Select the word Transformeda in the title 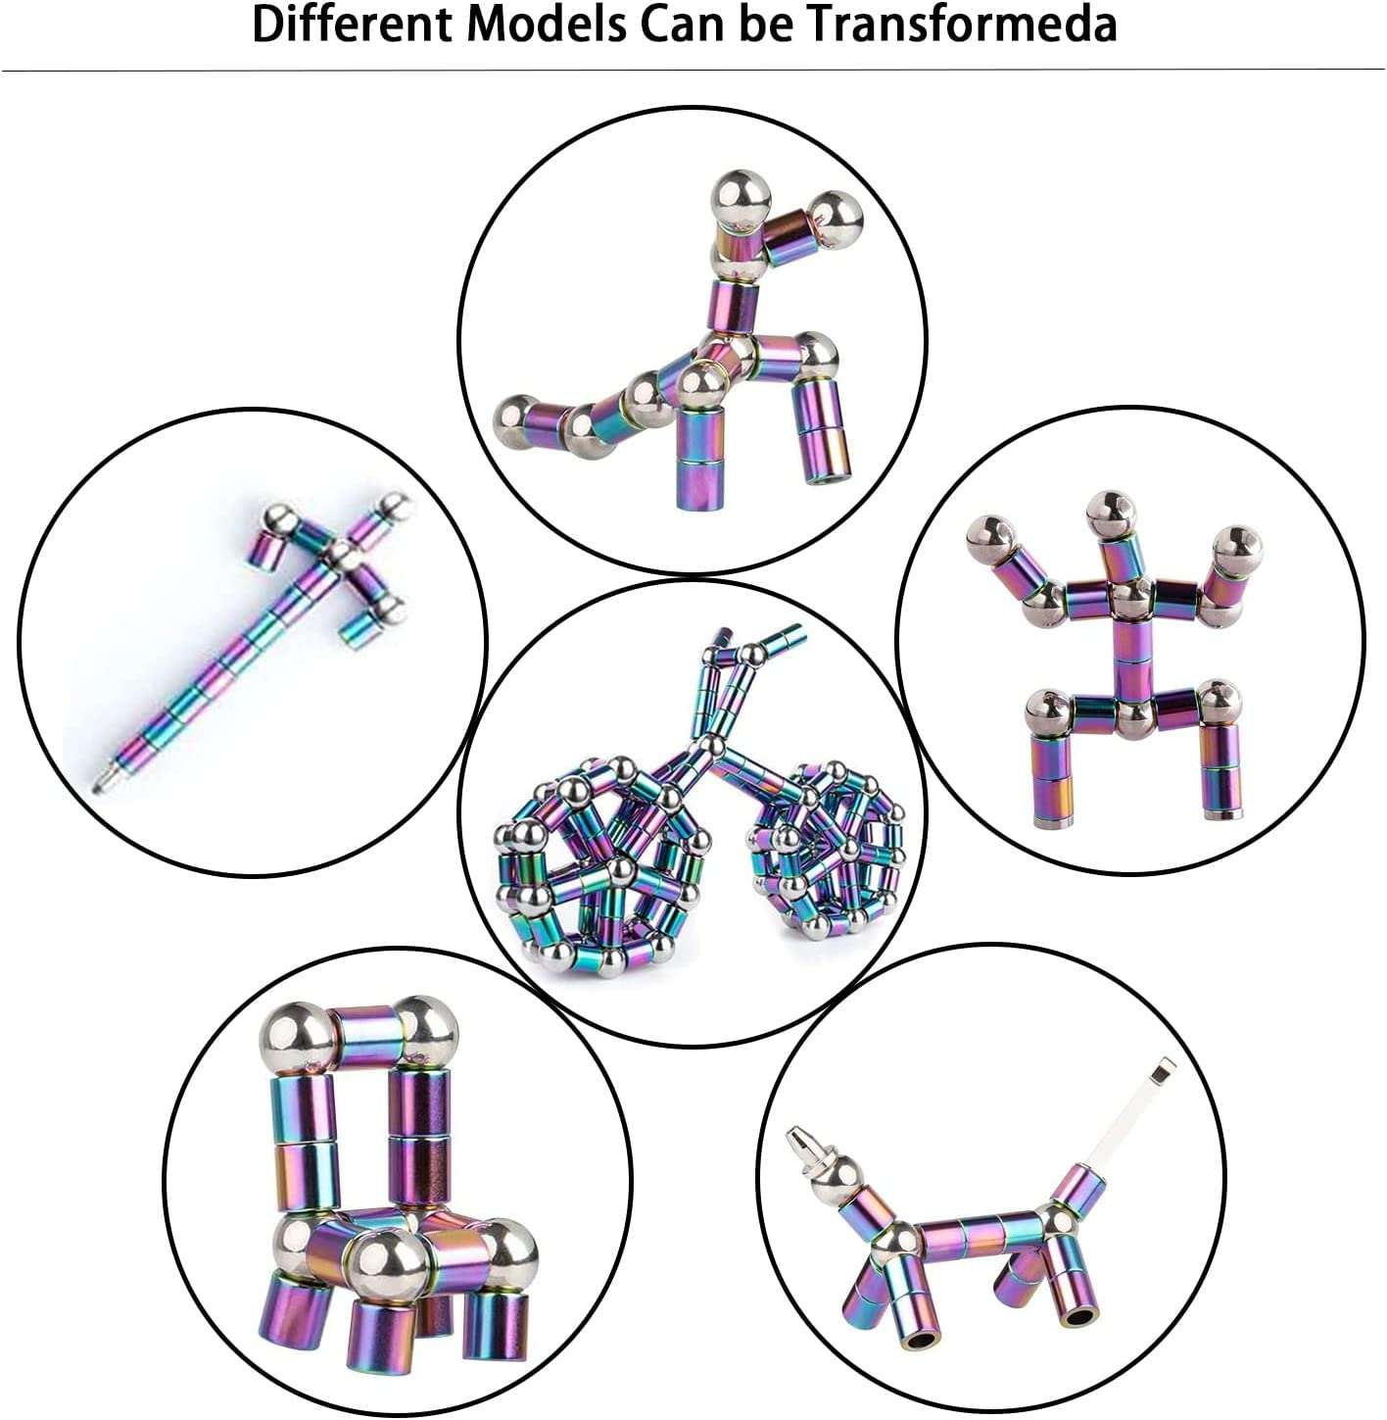963,24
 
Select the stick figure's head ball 1111,514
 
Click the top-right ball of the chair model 426,1032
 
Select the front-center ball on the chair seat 389,1269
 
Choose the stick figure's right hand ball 1238,549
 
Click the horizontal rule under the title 693,70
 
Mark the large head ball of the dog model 838,1186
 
